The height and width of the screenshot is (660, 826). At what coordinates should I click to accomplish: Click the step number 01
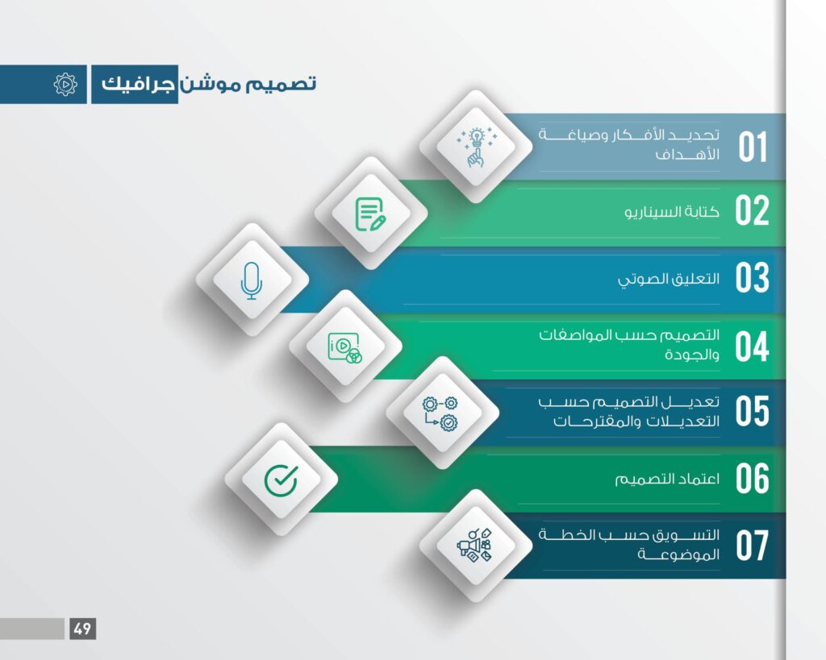click(753, 147)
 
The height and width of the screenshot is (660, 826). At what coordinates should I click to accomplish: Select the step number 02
click(752, 210)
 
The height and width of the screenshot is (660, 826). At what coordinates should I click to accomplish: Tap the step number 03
click(753, 277)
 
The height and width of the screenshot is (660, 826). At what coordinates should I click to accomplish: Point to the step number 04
click(753, 347)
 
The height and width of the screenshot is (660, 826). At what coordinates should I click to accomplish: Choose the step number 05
click(753, 411)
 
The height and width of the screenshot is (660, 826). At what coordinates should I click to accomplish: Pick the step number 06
click(753, 479)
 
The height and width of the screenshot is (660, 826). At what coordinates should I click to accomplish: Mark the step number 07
click(753, 546)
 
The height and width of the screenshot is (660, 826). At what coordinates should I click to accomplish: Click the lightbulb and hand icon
click(476, 147)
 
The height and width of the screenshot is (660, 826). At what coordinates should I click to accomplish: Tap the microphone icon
click(252, 280)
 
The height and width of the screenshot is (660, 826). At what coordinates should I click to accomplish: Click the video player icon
click(345, 347)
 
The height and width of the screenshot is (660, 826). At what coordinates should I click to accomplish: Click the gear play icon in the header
click(65, 84)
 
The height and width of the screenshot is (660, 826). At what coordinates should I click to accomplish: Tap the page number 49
click(83, 629)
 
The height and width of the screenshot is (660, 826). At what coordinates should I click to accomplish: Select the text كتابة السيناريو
click(672, 212)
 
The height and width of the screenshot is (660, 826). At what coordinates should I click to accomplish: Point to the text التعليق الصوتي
click(669, 279)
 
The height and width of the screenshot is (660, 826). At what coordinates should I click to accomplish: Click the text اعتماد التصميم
click(667, 479)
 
